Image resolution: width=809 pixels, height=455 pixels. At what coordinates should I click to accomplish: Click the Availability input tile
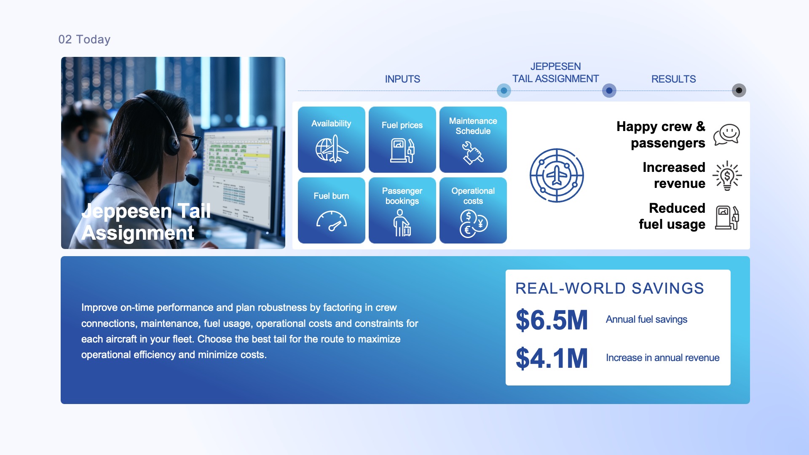[332, 139]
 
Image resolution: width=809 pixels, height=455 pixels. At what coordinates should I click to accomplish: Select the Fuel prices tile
[402, 139]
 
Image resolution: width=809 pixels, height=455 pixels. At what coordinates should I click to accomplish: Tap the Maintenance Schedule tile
[473, 139]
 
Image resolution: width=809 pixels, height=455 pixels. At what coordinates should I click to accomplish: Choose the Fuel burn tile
[332, 210]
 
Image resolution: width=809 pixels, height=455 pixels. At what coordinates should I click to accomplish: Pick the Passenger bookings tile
[402, 210]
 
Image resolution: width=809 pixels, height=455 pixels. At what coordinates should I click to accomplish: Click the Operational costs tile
[473, 210]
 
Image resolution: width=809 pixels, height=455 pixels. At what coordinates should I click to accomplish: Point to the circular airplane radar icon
[557, 175]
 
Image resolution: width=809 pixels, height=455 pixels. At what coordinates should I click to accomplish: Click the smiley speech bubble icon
[727, 135]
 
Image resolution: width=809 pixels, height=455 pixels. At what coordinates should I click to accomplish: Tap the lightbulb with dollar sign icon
[727, 176]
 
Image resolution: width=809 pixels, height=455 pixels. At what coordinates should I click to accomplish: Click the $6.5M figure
[552, 320]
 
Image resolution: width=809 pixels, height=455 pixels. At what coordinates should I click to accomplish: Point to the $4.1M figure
[552, 359]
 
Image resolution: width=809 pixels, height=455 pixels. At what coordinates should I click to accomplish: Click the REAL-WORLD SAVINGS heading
[610, 289]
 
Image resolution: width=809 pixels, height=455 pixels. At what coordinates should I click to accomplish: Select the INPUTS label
[402, 79]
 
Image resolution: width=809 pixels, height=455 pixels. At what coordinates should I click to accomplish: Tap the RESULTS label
[673, 79]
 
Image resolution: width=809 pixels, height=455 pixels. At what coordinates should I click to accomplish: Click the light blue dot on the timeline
[504, 91]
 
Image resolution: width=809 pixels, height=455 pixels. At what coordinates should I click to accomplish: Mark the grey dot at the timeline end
[739, 91]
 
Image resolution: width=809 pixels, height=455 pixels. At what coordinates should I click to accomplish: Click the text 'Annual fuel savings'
[646, 320]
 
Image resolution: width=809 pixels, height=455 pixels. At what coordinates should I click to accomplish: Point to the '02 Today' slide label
[84, 40]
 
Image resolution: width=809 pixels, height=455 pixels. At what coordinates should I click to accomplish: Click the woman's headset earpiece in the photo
[172, 142]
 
